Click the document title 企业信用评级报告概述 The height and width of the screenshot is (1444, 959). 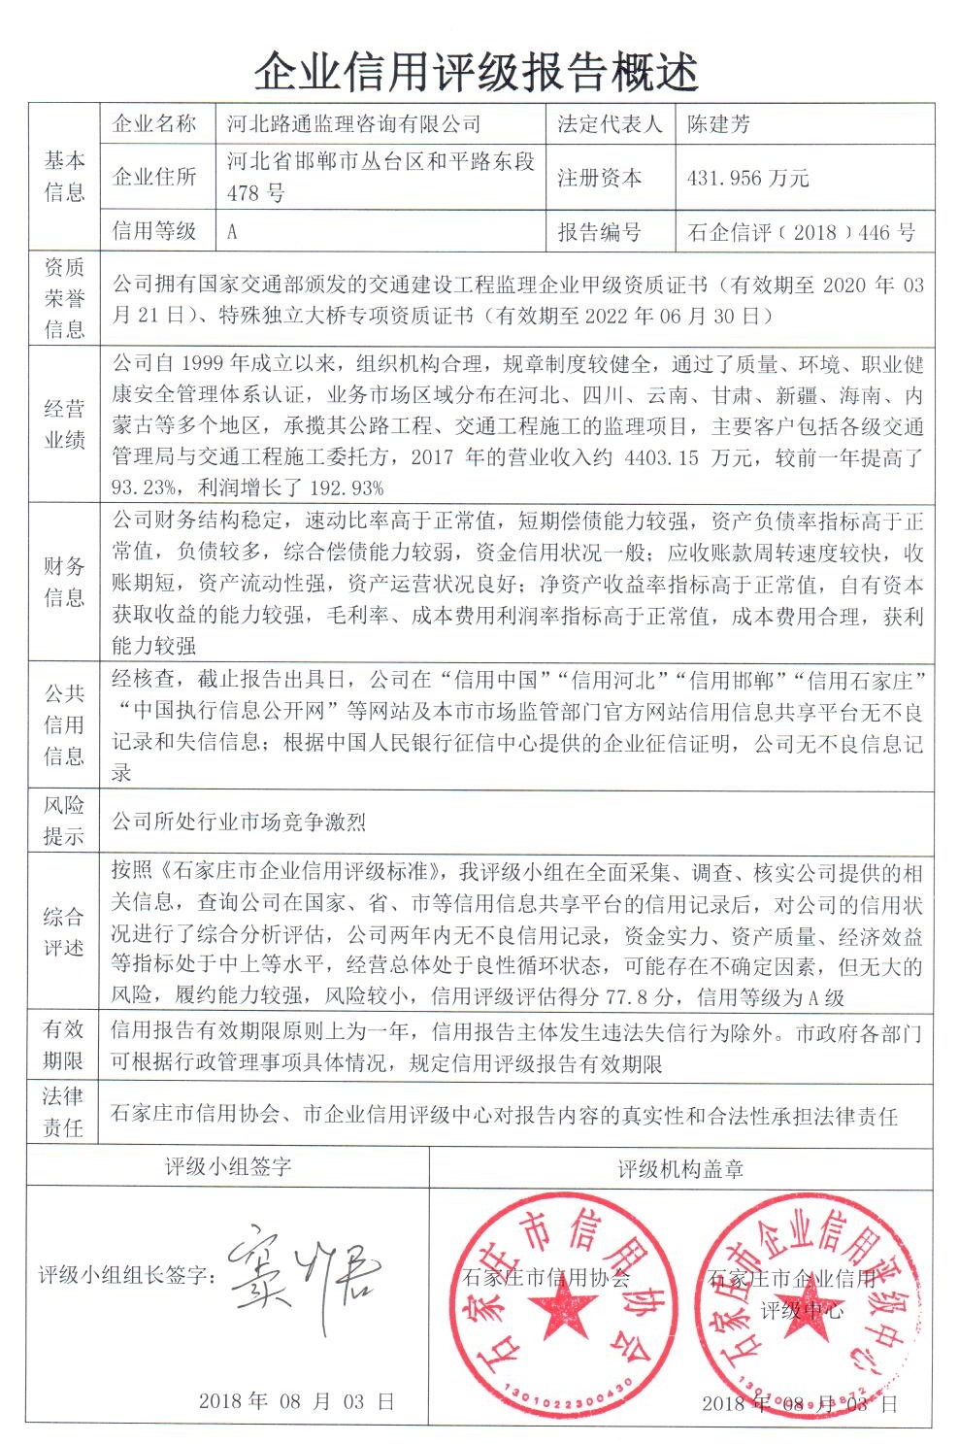pyautogui.click(x=478, y=70)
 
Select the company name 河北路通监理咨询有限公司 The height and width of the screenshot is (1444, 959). pyautogui.click(x=353, y=124)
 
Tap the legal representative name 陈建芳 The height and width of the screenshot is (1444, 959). pyautogui.click(x=719, y=124)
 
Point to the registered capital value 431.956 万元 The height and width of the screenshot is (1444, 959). pyautogui.click(x=747, y=179)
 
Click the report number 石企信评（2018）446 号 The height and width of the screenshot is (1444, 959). pyautogui.click(x=801, y=233)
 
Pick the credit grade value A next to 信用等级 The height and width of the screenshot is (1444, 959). pyautogui.click(x=232, y=233)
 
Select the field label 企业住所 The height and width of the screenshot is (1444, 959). pyautogui.click(x=155, y=177)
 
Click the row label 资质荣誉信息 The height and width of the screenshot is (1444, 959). pyautogui.click(x=64, y=298)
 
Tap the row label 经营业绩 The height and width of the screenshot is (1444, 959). pyautogui.click(x=64, y=424)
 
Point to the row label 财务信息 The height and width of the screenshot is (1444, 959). pyautogui.click(x=64, y=582)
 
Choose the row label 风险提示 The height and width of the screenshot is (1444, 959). pyautogui.click(x=64, y=821)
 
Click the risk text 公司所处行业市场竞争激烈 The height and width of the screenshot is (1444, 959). pyautogui.click(x=239, y=823)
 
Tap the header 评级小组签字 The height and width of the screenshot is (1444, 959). pyautogui.click(x=228, y=1166)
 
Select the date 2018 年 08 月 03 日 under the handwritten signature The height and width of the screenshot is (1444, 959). pyautogui.click(x=297, y=1400)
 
